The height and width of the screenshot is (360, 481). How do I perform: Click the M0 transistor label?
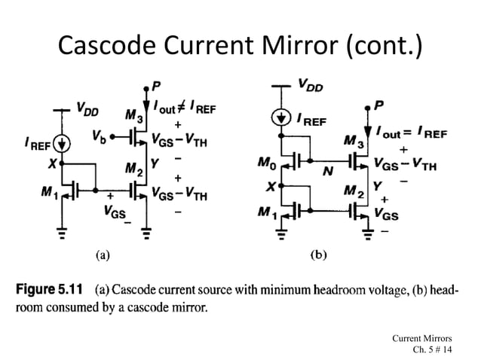click(267, 160)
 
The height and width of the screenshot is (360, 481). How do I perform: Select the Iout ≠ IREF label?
click(184, 109)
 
